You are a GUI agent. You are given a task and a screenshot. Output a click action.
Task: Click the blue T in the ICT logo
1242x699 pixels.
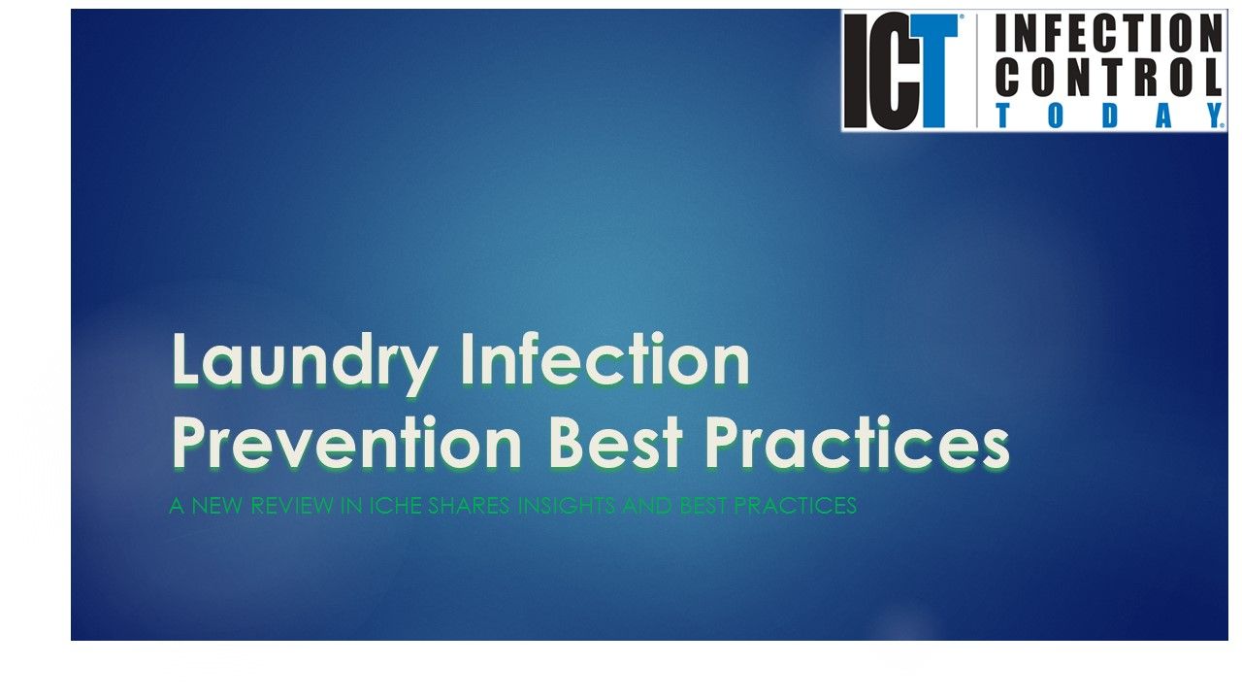(932, 73)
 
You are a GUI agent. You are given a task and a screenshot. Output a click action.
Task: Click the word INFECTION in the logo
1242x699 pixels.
(1108, 35)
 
